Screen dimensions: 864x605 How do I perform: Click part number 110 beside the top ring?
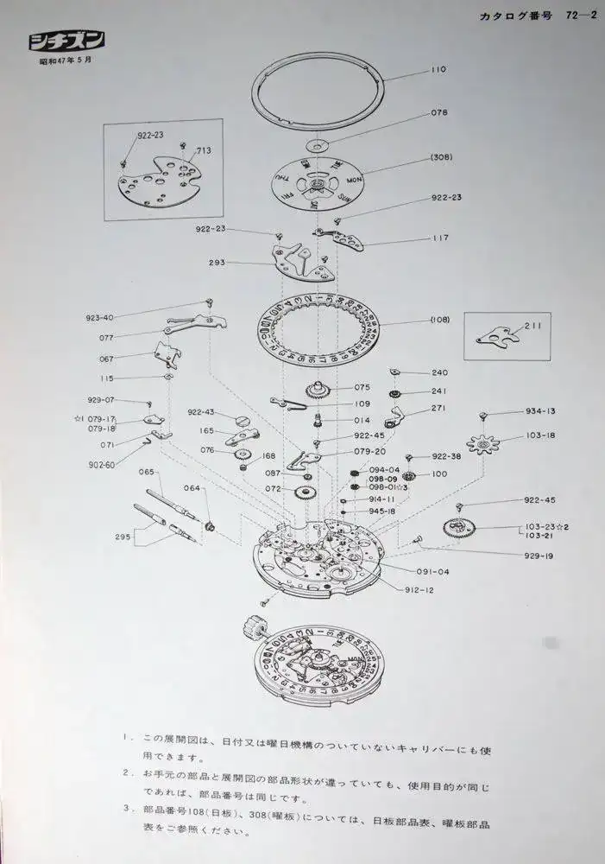tap(439, 69)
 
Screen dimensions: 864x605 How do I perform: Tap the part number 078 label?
tap(439, 113)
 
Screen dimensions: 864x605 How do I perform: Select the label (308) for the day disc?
tap(442, 156)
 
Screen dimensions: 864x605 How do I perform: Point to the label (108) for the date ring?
tap(440, 320)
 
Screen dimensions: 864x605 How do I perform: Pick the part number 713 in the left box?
tap(204, 150)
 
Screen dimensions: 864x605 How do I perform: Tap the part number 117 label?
tap(440, 238)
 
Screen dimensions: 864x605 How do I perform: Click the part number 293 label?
tap(217, 261)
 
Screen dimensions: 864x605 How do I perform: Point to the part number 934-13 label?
tap(540, 411)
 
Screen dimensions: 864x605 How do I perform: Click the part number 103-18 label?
tap(540, 435)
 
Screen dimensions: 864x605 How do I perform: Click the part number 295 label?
tap(123, 537)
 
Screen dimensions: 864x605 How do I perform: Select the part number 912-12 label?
tap(419, 590)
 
